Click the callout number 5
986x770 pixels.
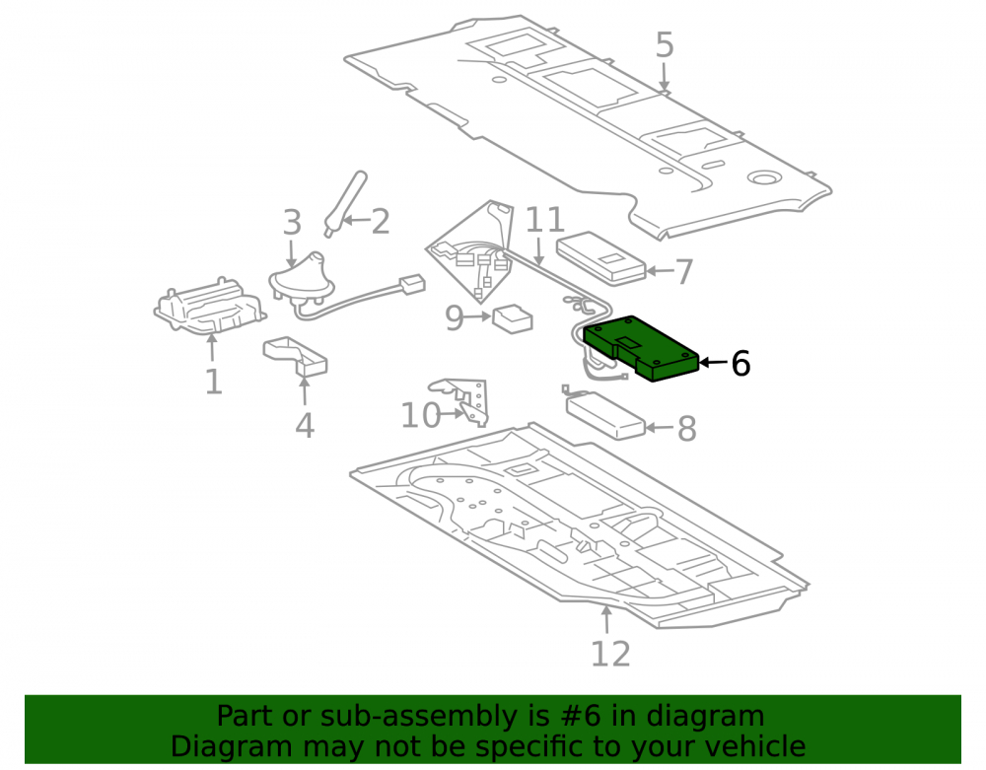pyautogui.click(x=665, y=45)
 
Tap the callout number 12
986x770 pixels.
pyautogui.click(x=610, y=655)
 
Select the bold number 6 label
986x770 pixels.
pyautogui.click(x=740, y=364)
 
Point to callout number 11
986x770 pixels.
pyautogui.click(x=544, y=220)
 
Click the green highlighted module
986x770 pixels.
pyautogui.click(x=642, y=348)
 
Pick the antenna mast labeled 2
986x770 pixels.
pyautogui.click(x=344, y=203)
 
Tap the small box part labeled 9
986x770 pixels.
pyautogui.click(x=513, y=318)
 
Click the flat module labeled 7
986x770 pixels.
pyautogui.click(x=600, y=258)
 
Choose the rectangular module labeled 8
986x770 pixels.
pyautogui.click(x=605, y=415)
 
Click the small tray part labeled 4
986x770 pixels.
pyautogui.click(x=295, y=356)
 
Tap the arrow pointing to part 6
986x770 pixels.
pyautogui.click(x=714, y=362)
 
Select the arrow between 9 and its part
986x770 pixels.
pyautogui.click(x=478, y=316)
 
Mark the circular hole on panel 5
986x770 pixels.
pyautogui.click(x=764, y=178)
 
